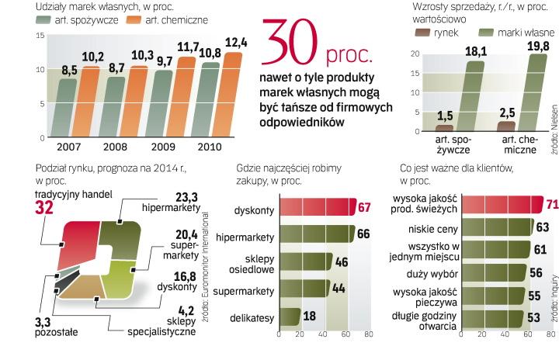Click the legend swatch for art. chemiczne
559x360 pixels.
point(134,20)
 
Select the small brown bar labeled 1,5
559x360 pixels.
point(445,127)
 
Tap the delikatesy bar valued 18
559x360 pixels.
point(288,317)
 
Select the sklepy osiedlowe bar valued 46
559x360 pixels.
point(304,263)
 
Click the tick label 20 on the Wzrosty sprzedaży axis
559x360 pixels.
point(415,54)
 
